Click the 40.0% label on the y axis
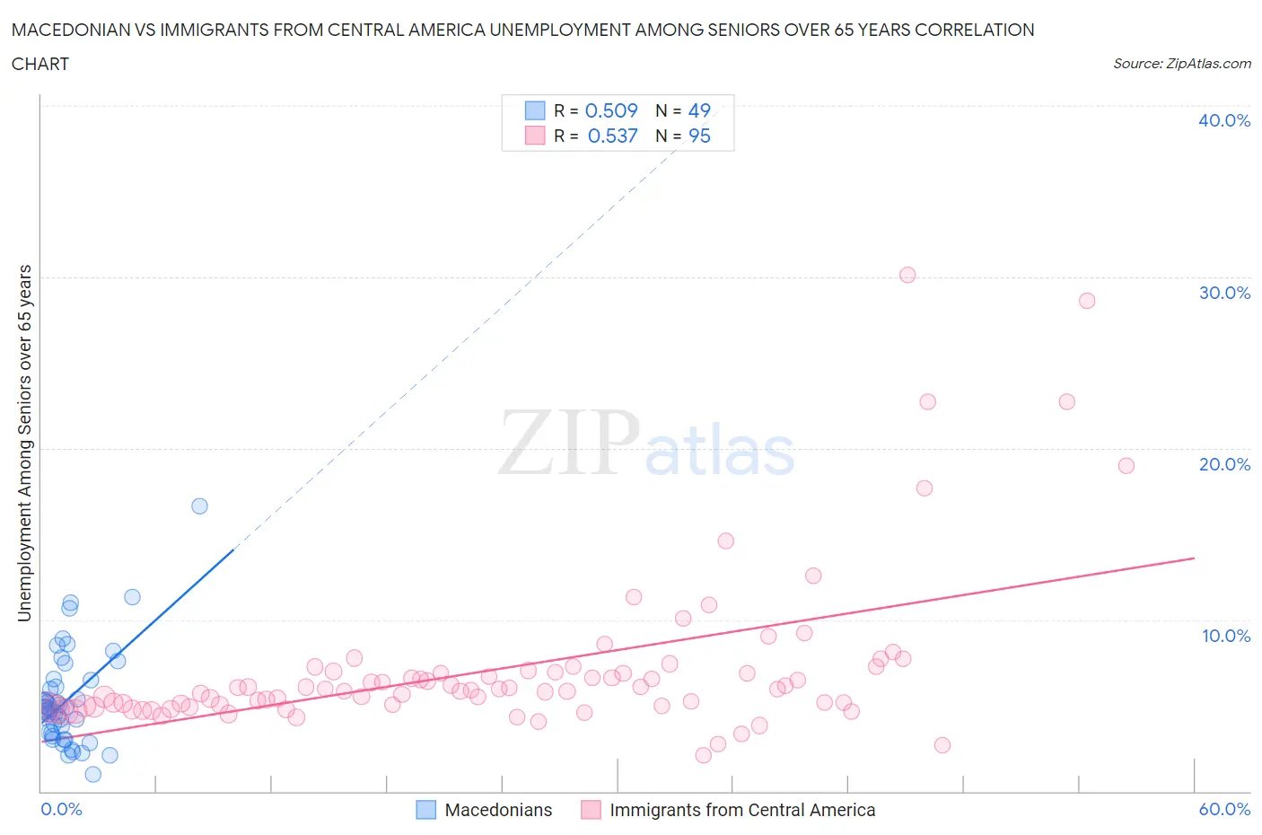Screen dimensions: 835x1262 tap(1224, 120)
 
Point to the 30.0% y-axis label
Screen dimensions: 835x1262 tap(1224, 293)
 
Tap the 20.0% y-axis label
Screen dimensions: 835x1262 tap(1224, 464)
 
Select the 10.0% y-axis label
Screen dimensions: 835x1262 tap(1226, 636)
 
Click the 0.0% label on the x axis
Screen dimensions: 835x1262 tap(61, 809)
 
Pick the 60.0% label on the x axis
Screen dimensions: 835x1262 tap(1224, 809)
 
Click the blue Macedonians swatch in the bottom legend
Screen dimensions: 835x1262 tap(426, 810)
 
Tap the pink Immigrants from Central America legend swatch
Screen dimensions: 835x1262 tap(591, 810)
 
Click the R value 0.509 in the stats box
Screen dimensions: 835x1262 tap(611, 110)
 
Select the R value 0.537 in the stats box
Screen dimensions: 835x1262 tap(612, 136)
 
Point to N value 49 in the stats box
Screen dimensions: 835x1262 tap(699, 110)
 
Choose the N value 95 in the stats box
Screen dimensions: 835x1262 tap(699, 136)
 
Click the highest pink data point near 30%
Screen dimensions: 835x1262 tap(907, 275)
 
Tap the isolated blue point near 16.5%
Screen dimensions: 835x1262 tap(199, 506)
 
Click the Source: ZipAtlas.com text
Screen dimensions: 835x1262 tap(1181, 63)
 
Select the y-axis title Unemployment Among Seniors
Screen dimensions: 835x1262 tap(25, 443)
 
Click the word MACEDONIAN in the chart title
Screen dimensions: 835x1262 tap(68, 30)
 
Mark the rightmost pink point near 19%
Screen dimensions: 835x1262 tap(1126, 466)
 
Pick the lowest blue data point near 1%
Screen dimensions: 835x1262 tap(92, 774)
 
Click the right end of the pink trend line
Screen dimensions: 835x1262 tap(1194, 558)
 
